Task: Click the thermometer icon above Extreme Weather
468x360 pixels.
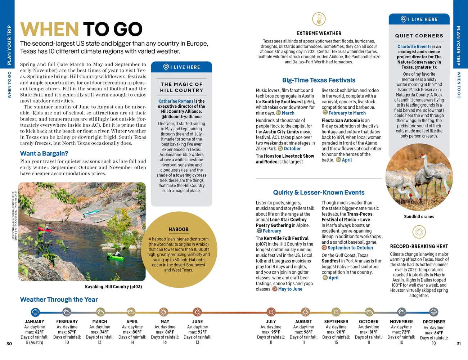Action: (319, 19)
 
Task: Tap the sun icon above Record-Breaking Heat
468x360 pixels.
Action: (419, 233)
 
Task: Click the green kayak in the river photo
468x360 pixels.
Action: (115, 256)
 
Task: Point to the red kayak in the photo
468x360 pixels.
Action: (44, 228)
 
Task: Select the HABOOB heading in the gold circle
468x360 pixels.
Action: (179, 229)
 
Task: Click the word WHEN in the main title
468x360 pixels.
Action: (49, 30)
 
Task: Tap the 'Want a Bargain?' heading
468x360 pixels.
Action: (44, 153)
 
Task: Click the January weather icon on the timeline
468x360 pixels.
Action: (35, 312)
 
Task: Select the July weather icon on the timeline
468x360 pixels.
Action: (271, 312)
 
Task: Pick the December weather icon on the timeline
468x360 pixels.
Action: (434, 312)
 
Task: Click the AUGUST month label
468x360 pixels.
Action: (303, 321)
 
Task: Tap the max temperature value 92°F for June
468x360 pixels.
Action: (202, 332)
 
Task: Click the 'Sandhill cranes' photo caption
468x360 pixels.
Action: (419, 217)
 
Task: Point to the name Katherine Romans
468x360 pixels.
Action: (176, 101)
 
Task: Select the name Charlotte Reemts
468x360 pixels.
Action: (414, 46)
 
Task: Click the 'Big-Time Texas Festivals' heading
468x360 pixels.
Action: (319, 80)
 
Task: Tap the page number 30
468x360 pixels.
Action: (9, 343)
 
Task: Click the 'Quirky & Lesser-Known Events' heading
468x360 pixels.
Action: (319, 193)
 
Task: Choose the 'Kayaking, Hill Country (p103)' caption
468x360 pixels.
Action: (113, 287)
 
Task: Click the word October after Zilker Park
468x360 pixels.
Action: (292, 149)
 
